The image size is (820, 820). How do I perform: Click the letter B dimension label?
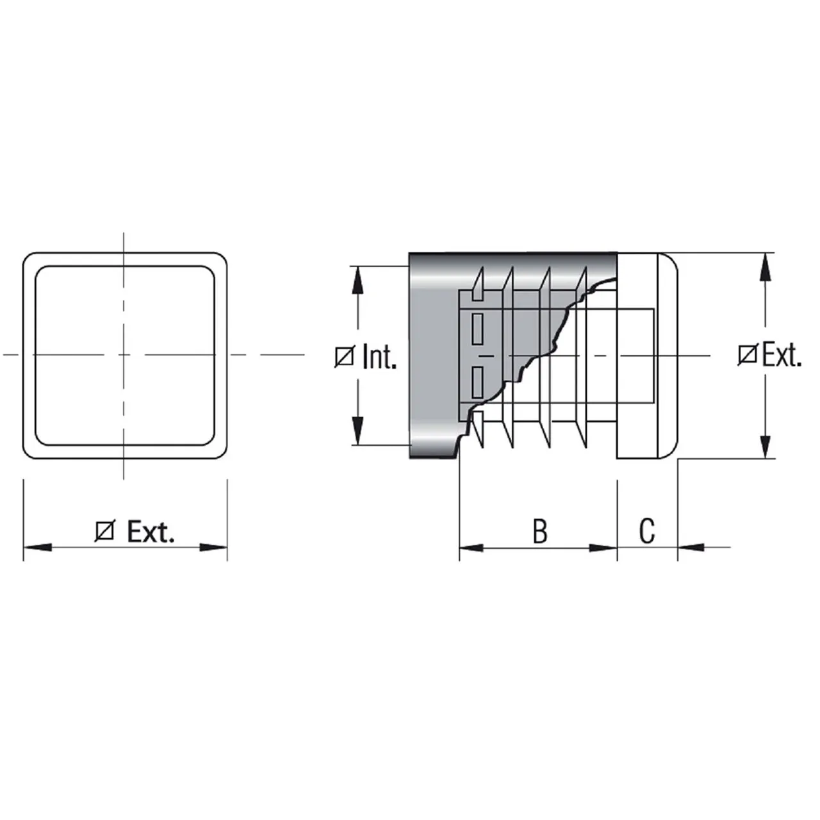click(540, 531)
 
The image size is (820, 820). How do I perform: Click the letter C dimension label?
click(647, 531)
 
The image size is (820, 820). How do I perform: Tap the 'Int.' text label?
click(380, 356)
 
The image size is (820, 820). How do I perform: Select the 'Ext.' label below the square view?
click(151, 531)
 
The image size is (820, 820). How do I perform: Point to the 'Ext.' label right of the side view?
click(782, 354)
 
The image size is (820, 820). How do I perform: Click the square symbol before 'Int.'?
click(344, 357)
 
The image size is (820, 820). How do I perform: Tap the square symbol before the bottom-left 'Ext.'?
click(104, 532)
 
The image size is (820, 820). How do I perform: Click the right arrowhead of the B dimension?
click(603, 548)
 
